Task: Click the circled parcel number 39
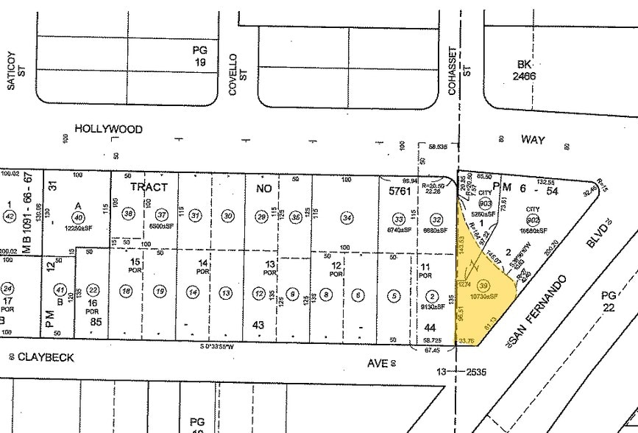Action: point(483,286)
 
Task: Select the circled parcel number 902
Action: point(533,219)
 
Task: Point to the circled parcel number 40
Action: point(77,216)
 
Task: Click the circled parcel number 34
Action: point(347,217)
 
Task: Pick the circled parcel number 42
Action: point(10,216)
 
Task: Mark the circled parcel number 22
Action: point(93,290)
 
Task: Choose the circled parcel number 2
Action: point(432,296)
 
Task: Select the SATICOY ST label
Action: point(16,75)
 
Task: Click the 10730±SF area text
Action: point(484,296)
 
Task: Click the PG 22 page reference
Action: point(609,300)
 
